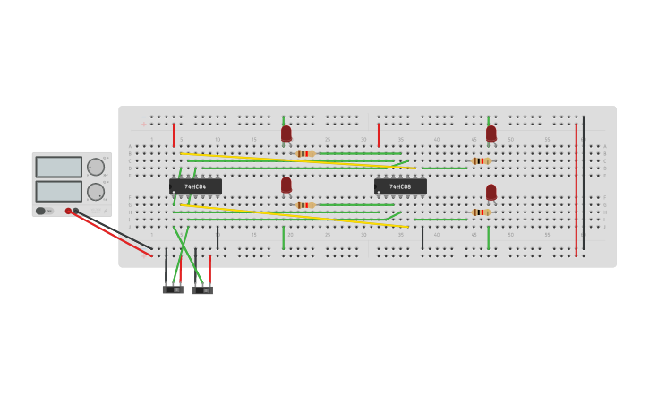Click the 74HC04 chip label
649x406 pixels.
(195, 186)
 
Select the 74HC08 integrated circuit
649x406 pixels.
(400, 186)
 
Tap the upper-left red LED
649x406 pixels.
(286, 134)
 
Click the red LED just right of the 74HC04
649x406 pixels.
(286, 185)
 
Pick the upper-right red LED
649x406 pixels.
(491, 134)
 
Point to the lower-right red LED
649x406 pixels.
(491, 192)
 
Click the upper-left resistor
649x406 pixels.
(304, 153)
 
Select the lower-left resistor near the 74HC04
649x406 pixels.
(304, 205)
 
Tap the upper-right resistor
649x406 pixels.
(481, 161)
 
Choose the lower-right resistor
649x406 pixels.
(481, 212)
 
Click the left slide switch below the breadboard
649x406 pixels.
(173, 289)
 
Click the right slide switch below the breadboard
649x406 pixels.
(203, 290)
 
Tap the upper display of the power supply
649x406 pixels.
(58, 167)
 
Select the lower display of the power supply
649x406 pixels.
(58, 191)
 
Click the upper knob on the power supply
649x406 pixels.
(96, 167)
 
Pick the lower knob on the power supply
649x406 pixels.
(96, 191)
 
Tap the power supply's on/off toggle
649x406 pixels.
(41, 212)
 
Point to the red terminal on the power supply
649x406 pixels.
(68, 212)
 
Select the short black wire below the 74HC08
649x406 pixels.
(423, 238)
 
